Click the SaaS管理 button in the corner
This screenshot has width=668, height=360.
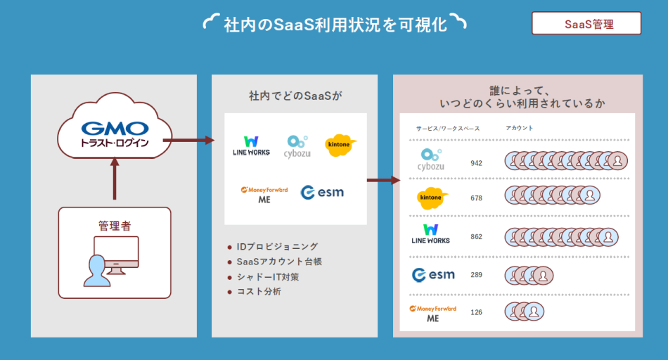586,23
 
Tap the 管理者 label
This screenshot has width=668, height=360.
115,226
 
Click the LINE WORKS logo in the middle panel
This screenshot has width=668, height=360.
251,146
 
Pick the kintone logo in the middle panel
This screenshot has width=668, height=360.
340,145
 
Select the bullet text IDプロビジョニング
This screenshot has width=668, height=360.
277,246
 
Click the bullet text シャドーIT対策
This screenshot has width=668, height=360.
267,276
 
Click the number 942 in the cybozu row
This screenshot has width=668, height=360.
476,163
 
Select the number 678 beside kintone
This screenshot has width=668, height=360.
476,198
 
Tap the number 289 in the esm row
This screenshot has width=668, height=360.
476,274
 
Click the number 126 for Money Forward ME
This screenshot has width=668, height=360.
476,312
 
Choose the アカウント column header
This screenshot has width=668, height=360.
519,128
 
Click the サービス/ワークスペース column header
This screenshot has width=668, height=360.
448,129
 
